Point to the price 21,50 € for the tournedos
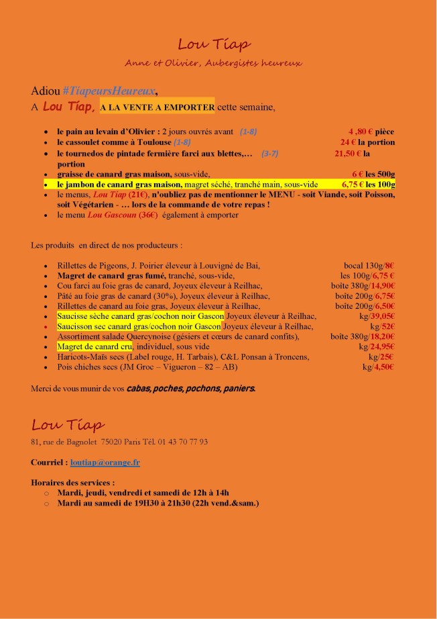tap(348, 153)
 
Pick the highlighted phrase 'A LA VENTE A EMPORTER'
tap(158, 107)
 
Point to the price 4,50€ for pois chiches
tap(384, 367)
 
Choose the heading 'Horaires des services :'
tap(72, 482)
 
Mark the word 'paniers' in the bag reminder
tap(236, 388)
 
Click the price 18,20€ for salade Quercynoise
tap(379, 336)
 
